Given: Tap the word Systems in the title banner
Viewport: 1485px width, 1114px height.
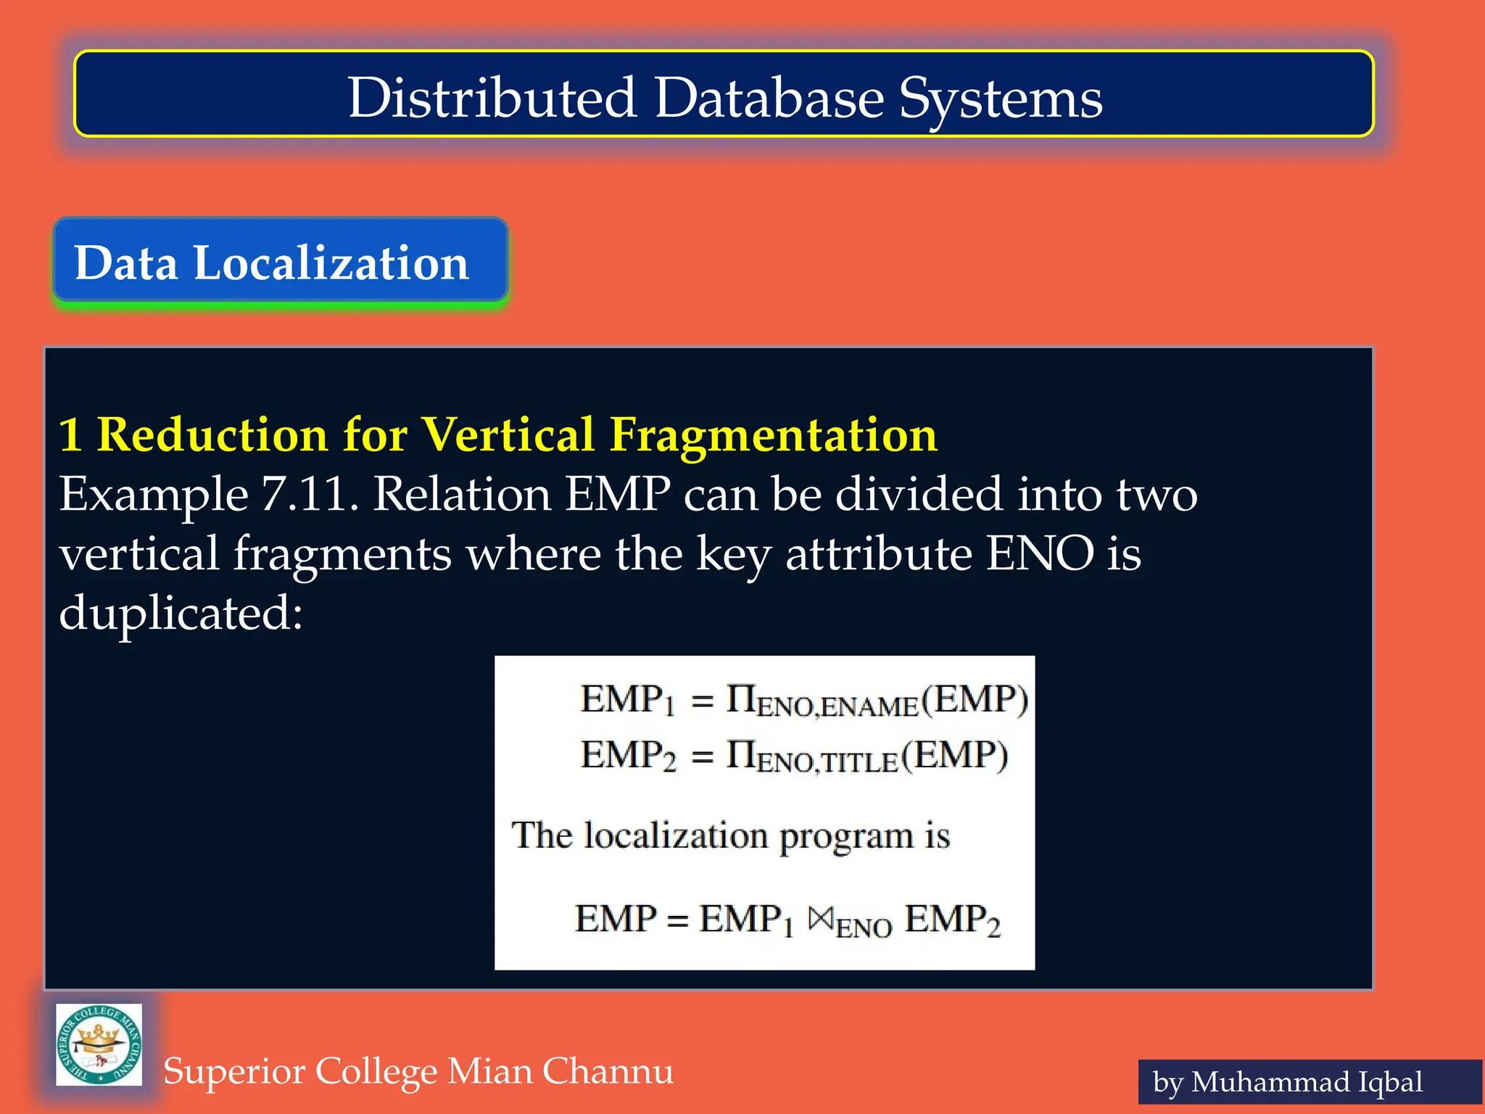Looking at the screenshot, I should (1001, 99).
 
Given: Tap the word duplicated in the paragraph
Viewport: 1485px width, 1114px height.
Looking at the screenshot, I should (180, 614).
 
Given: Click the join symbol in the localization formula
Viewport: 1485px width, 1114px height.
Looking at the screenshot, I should (821, 920).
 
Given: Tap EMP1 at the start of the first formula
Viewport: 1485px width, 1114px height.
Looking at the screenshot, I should (627, 700).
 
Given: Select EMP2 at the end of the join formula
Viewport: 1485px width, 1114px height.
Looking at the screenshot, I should (952, 920).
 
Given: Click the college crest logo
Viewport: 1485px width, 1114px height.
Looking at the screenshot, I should (99, 1044).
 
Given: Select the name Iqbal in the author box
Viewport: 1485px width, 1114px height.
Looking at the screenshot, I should (1389, 1082).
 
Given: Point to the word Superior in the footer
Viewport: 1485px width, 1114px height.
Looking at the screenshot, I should (235, 1071).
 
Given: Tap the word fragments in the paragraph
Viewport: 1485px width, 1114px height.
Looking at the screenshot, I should (342, 554).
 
